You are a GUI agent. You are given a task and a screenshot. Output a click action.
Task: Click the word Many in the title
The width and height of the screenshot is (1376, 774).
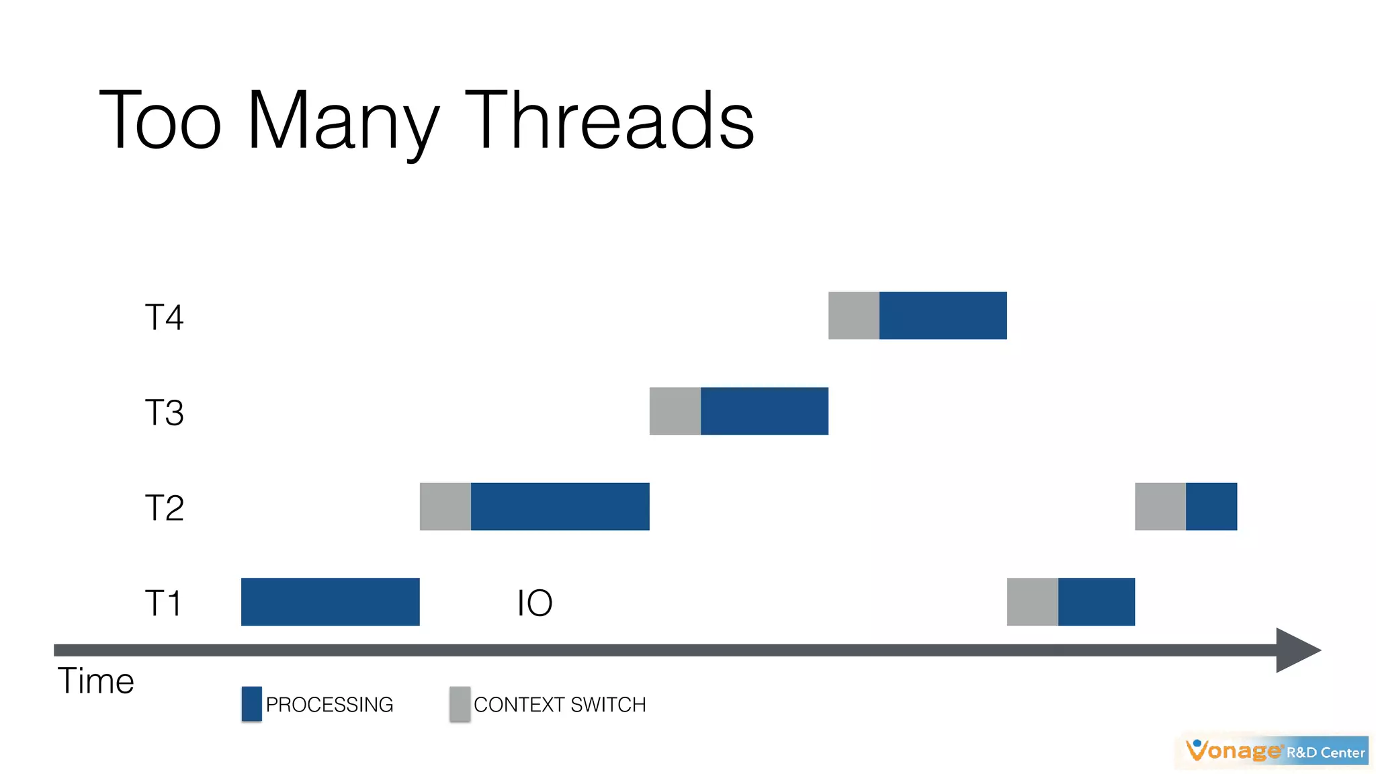point(343,124)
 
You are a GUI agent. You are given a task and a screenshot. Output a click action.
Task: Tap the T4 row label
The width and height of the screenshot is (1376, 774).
point(164,317)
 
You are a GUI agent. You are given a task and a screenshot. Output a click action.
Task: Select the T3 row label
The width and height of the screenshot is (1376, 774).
point(164,413)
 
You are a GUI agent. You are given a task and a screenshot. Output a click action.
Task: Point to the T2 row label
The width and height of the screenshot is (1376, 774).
point(164,508)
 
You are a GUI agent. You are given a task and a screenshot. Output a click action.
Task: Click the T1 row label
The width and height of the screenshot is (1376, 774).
point(163,603)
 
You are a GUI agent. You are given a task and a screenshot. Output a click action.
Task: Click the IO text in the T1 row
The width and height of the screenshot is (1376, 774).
point(535,603)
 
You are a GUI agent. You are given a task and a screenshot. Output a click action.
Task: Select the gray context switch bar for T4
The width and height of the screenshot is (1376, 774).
point(853,316)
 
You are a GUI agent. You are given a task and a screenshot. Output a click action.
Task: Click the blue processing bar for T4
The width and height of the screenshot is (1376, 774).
point(943,316)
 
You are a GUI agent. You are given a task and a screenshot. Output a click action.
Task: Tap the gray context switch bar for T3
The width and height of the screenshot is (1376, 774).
point(675,411)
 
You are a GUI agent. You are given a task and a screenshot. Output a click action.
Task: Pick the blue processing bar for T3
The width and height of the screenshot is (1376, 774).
point(764,411)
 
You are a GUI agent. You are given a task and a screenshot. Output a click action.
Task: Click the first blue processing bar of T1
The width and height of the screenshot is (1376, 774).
point(330,602)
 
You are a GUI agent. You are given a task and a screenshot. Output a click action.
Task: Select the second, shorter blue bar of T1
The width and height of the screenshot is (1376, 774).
point(1096,602)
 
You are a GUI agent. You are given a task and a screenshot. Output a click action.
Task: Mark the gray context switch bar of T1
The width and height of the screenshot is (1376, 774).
point(1032,602)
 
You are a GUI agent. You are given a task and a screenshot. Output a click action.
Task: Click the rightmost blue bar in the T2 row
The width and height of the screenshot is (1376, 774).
point(1211,507)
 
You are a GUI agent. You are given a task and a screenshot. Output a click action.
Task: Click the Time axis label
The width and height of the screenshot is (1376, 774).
point(95,681)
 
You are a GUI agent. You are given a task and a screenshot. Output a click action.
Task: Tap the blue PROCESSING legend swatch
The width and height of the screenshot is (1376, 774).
point(251,704)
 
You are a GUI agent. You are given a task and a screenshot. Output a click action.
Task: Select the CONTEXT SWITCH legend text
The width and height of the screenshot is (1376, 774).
point(560,705)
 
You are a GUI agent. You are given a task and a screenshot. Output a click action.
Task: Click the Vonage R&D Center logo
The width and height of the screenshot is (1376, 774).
point(1275,751)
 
